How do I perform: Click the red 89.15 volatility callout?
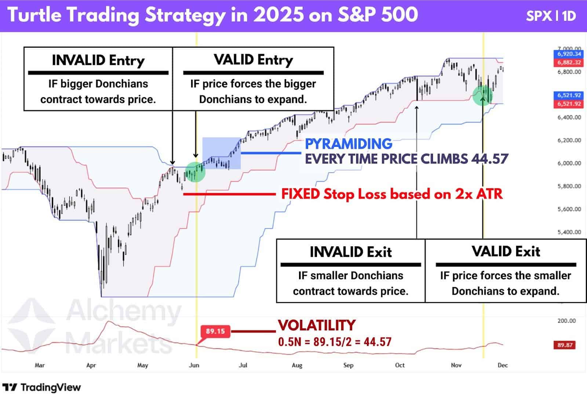coord(215,332)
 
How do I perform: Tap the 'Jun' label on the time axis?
coord(194,365)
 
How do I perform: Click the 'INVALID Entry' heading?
coord(98,60)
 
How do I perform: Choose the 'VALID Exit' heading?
coord(506,252)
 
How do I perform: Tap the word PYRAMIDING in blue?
coord(349,144)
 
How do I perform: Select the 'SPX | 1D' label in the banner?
coord(551,16)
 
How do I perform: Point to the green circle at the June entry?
coord(195,172)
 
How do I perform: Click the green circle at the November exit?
coord(483,95)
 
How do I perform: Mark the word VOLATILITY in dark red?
coord(317,325)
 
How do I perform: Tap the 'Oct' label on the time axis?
coord(400,365)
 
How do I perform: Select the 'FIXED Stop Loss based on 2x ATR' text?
coord(391,194)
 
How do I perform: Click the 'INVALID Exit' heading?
coord(350,252)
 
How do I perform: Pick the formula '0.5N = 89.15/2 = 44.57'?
coord(335,342)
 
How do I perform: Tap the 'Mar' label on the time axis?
coord(40,365)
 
